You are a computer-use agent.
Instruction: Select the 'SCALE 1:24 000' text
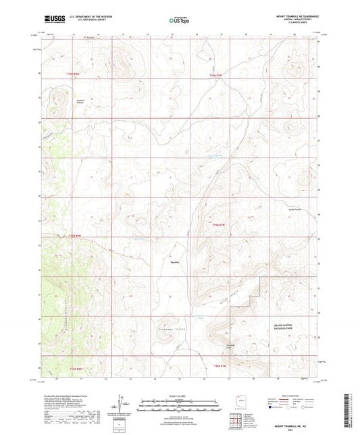click(x=180, y=396)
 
